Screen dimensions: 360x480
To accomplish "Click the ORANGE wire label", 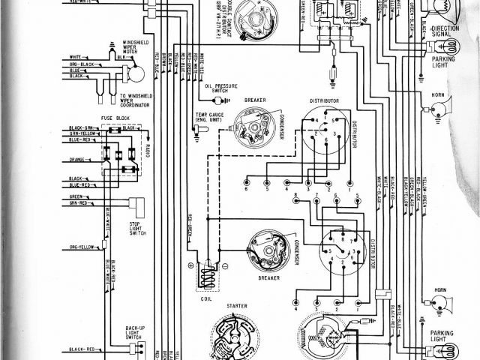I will [79, 159].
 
